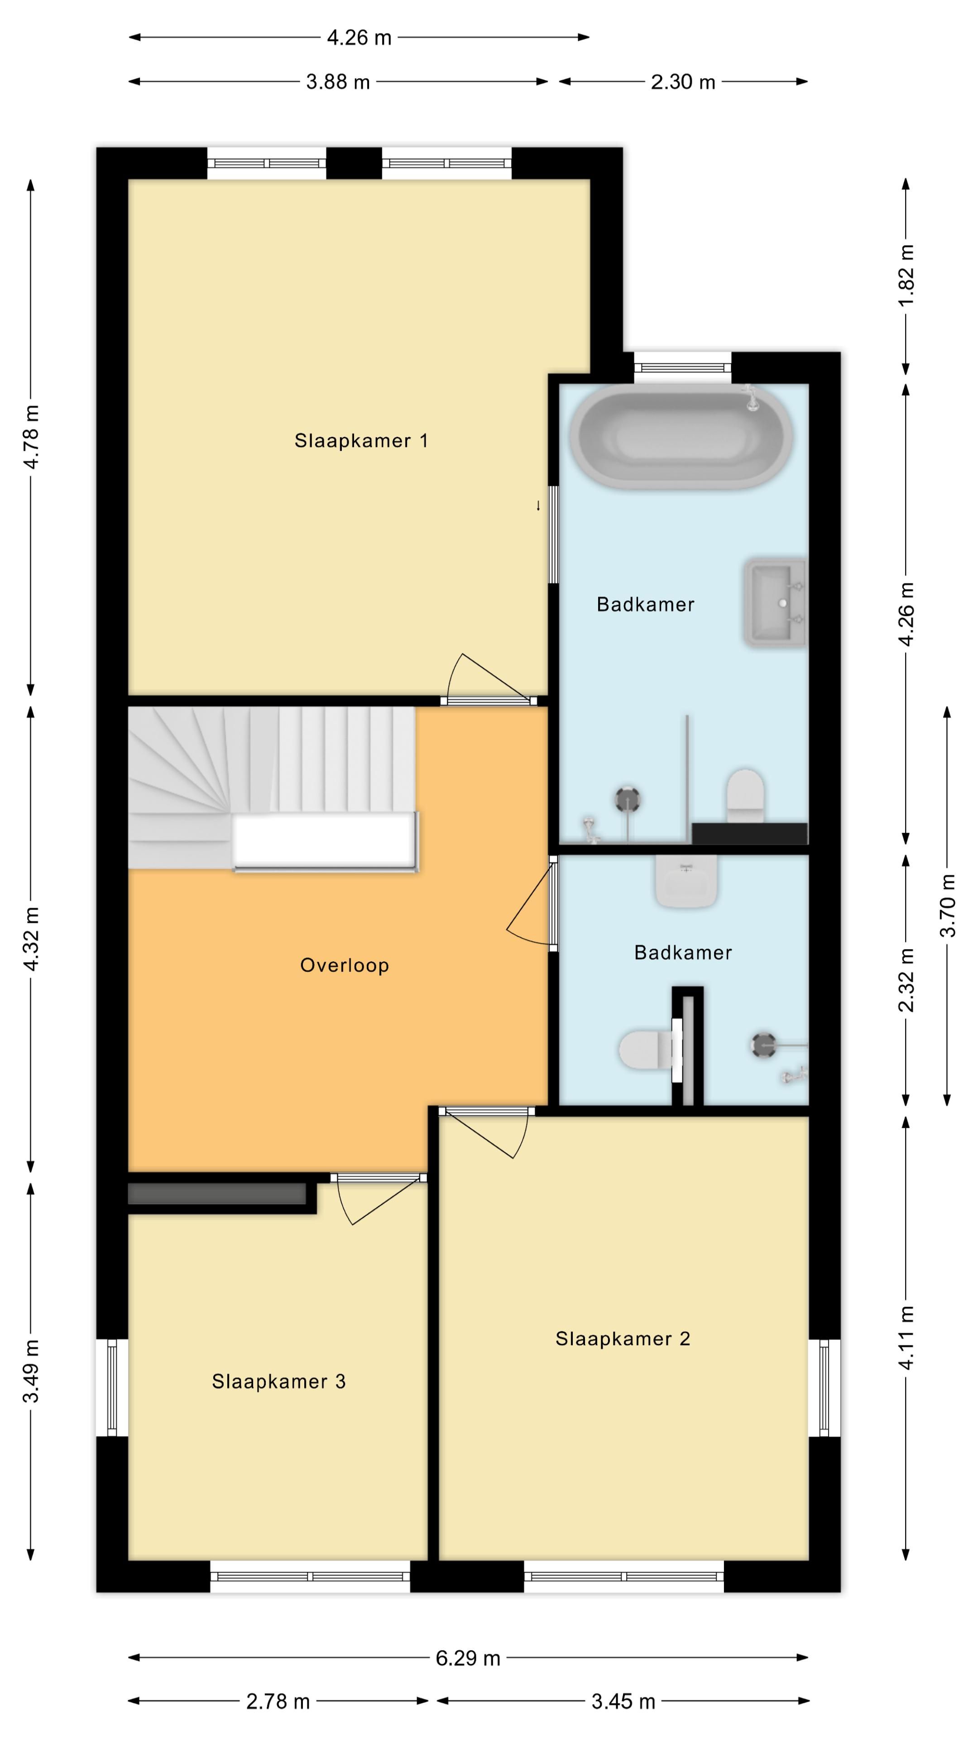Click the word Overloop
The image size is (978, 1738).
[344, 965]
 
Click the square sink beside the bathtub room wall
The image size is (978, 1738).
[775, 602]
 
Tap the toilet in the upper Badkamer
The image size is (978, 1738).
[745, 796]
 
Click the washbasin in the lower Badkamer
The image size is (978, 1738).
[686, 881]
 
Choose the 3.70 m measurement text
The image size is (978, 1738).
[948, 905]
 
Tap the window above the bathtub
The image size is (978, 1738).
[682, 368]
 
